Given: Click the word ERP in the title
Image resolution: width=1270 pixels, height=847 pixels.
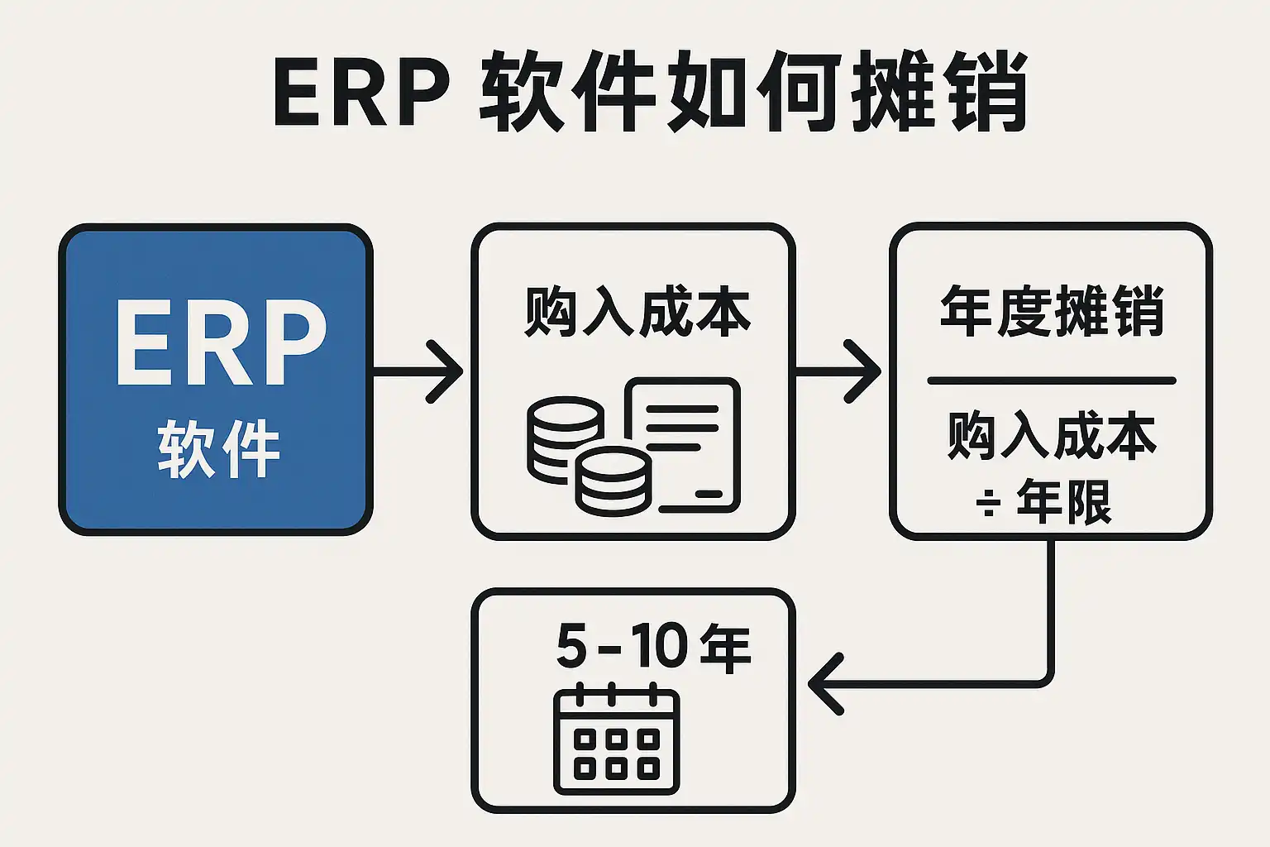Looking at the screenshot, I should point(361,92).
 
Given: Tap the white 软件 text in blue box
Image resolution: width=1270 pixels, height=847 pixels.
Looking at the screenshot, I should point(219,449).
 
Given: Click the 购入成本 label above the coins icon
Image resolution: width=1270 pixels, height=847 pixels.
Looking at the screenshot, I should point(637,312).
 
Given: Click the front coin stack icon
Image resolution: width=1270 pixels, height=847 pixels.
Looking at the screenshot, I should point(613,481).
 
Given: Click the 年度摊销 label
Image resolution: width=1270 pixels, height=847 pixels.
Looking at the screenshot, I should point(1052,311).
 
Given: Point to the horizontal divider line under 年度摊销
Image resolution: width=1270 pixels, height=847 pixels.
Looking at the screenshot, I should point(1051,380).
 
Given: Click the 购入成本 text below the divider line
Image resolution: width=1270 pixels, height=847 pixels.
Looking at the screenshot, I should point(1052,435).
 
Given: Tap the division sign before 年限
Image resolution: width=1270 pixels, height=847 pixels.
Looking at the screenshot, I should point(988,502).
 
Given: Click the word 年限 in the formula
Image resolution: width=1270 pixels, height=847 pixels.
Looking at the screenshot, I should point(1064,500).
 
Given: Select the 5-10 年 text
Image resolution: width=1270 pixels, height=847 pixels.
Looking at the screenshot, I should point(653,646).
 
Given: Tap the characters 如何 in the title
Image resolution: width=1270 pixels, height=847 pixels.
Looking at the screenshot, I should point(754,92).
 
